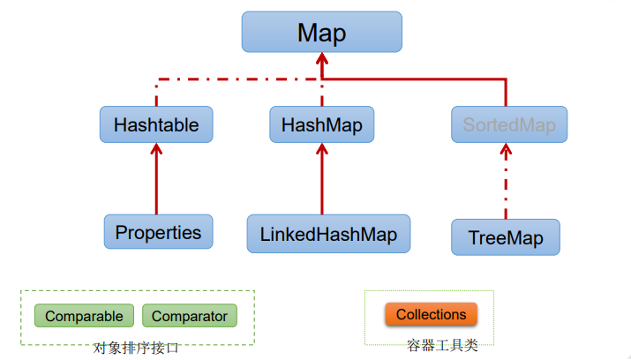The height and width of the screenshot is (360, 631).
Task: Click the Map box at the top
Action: coord(321,33)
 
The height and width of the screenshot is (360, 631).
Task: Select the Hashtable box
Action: coord(156,125)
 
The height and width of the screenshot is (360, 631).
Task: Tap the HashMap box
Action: coord(321,125)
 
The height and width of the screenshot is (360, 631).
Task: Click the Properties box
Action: coord(158,233)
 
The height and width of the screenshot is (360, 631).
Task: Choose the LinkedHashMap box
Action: coord(328,235)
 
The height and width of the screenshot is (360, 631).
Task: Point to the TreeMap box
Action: coord(506,238)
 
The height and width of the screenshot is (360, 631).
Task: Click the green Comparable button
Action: coord(84,316)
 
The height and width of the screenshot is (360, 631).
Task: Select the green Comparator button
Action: coord(189,316)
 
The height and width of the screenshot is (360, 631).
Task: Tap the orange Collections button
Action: coord(431,314)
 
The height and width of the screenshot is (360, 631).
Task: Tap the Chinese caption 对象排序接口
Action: coord(137,347)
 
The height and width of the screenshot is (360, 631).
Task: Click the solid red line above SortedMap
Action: coord(507,93)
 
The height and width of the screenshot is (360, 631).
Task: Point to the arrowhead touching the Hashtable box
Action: coord(156,150)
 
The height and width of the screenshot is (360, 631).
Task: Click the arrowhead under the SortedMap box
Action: coord(507,150)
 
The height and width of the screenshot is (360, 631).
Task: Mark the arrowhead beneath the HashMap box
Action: coord(321,150)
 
